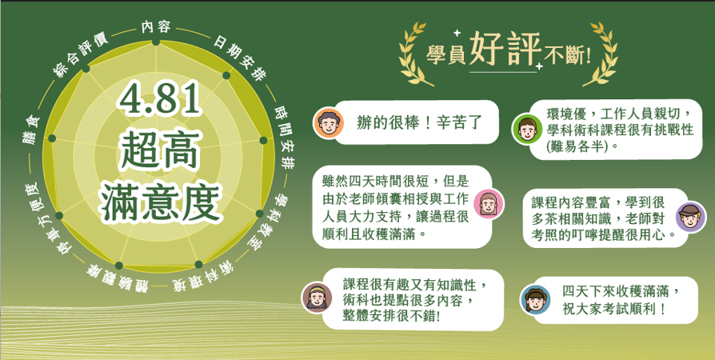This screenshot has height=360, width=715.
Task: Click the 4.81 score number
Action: click(158, 99)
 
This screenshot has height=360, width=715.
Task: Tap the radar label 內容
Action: click(155, 27)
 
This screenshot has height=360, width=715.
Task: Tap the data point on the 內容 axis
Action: click(155, 42)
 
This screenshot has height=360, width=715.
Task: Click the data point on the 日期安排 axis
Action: click(226, 75)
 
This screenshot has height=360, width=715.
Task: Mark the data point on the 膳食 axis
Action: click(51, 138)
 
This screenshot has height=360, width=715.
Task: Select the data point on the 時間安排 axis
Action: click(263, 140)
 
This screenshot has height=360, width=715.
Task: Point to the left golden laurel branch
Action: click(414, 54)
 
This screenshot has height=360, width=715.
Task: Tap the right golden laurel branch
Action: click(600, 54)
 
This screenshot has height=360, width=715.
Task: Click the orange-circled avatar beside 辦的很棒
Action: click(329, 122)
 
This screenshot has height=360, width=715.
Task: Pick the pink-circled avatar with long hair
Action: click(489, 203)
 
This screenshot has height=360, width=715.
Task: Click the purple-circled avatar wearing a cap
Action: click(690, 217)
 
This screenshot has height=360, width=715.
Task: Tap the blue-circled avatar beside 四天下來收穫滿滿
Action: click(535, 300)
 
